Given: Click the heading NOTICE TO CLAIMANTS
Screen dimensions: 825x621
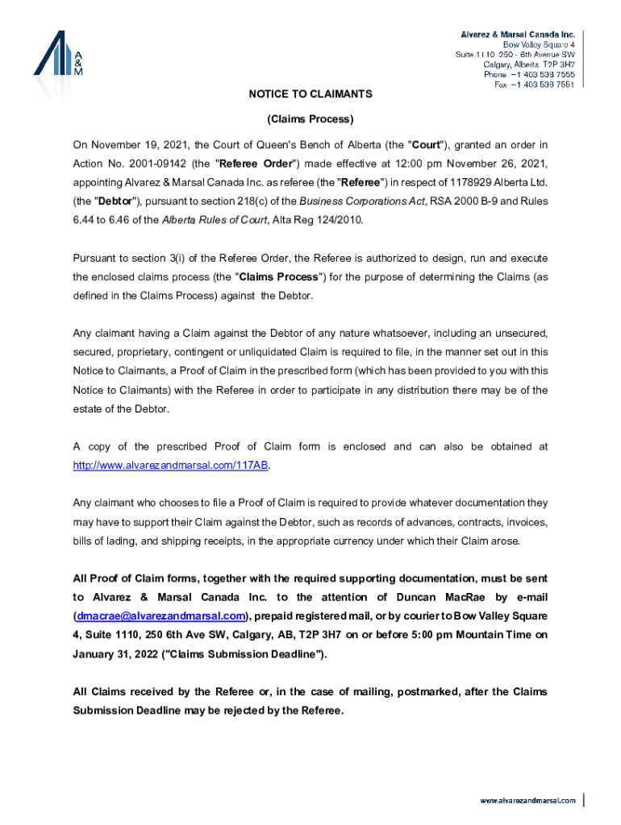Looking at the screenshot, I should pyautogui.click(x=310, y=94).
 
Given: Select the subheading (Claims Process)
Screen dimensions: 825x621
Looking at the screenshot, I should pyautogui.click(x=310, y=119).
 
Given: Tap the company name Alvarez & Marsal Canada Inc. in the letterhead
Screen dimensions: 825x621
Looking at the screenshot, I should pyautogui.click(x=517, y=35).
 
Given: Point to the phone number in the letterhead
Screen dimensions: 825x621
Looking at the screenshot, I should pyautogui.click(x=540, y=74).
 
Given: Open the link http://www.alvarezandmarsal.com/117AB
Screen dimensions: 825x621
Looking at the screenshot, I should pyautogui.click(x=169, y=466).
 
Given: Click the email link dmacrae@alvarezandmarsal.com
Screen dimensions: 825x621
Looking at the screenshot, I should pyautogui.click(x=160, y=616).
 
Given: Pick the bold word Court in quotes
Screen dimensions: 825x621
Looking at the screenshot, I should pyautogui.click(x=426, y=145).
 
